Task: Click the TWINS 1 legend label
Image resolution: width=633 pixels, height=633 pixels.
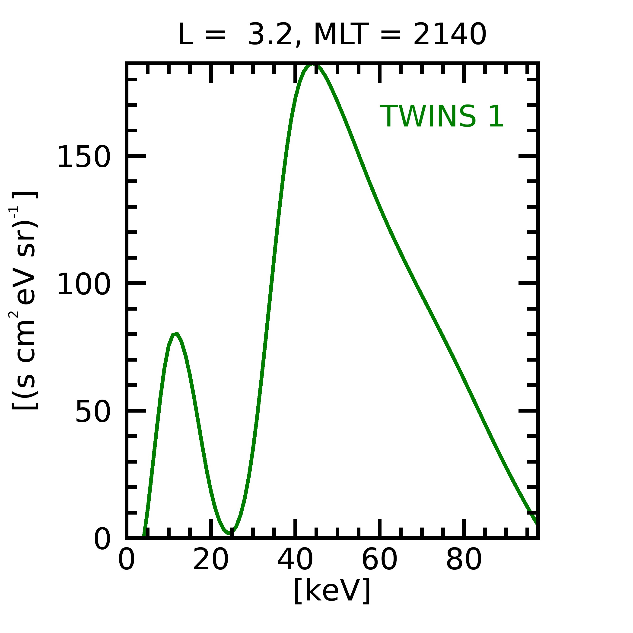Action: [x=441, y=116]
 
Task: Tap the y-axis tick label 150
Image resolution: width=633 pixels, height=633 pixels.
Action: [x=84, y=158]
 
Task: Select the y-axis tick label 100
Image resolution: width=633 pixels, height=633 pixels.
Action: [x=84, y=285]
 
